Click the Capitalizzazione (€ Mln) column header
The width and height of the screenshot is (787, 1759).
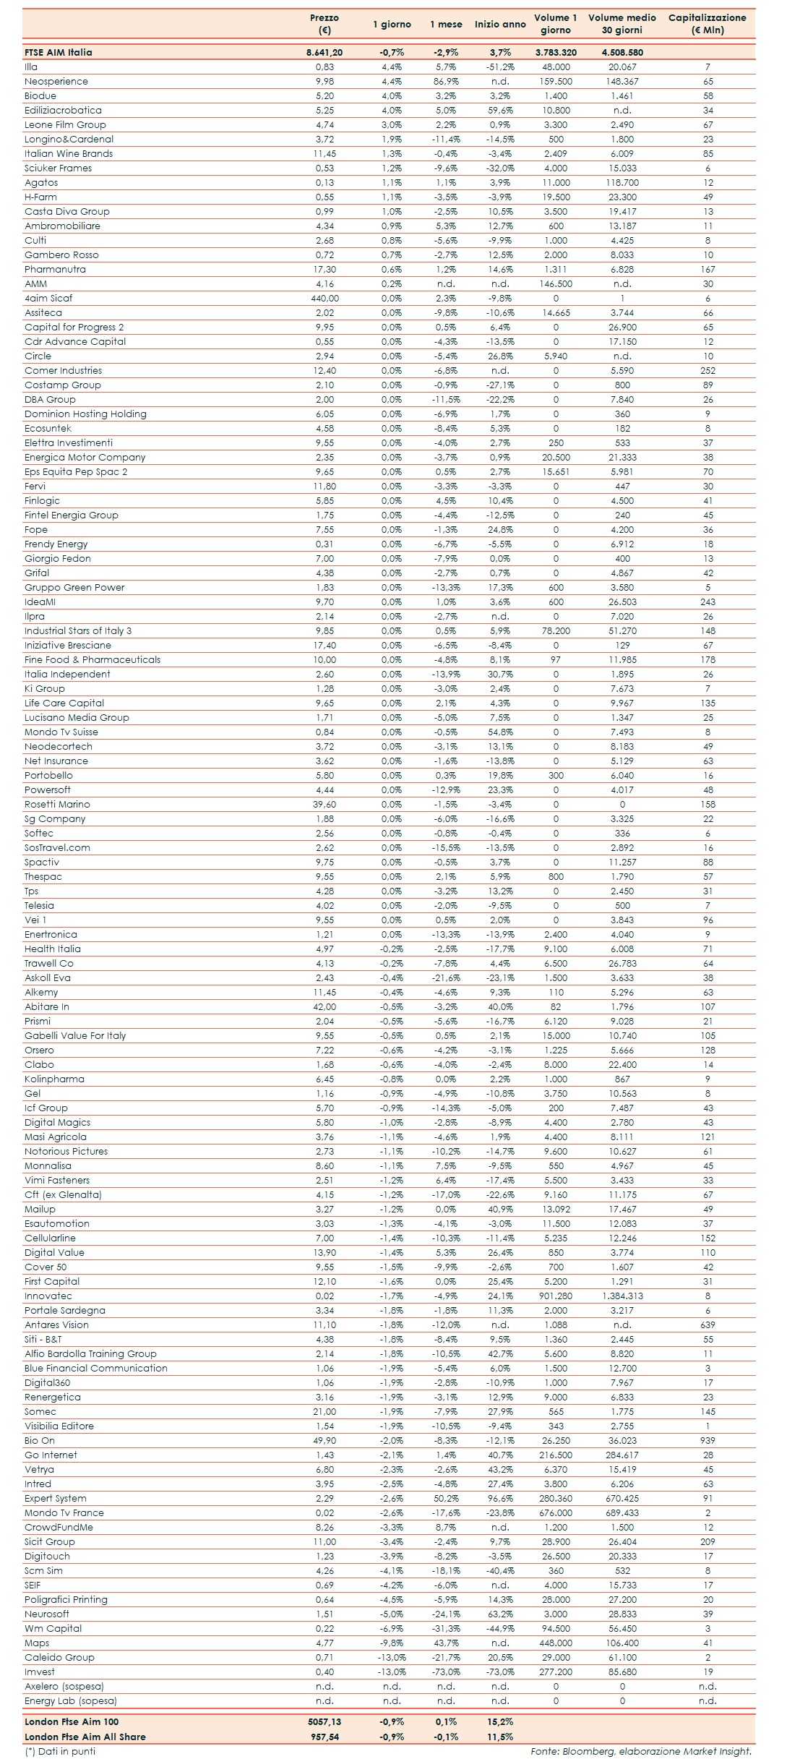click(x=707, y=24)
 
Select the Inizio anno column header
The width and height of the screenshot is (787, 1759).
click(x=500, y=24)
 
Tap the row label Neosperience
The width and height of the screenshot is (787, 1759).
click(x=56, y=81)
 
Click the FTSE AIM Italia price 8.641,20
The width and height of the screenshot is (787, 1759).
click(x=324, y=52)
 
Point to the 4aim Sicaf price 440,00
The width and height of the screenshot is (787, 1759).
click(x=324, y=298)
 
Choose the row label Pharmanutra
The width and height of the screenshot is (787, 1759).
click(x=55, y=269)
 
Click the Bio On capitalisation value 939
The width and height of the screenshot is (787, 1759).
click(x=708, y=1440)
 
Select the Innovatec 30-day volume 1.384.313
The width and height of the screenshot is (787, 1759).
click(x=622, y=1296)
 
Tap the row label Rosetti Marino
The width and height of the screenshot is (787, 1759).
click(x=57, y=804)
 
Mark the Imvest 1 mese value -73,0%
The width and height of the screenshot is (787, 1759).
click(x=446, y=1672)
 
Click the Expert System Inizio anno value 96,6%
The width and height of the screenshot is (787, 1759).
click(x=500, y=1498)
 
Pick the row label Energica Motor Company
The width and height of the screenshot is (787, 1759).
click(x=85, y=457)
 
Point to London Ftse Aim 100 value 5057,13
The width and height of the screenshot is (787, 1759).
click(x=324, y=1721)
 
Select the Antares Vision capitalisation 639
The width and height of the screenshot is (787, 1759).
click(x=708, y=1324)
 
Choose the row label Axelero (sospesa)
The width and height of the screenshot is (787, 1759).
click(x=64, y=1686)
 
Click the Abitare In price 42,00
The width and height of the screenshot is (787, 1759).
click(x=324, y=1006)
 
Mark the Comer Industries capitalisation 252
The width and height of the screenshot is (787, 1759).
click(x=708, y=370)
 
